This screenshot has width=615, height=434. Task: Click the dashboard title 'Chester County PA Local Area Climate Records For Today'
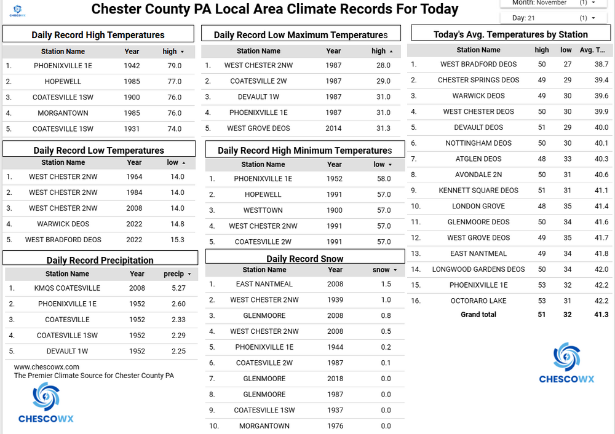coord(274,9)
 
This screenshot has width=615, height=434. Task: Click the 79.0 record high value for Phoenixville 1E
coord(174,66)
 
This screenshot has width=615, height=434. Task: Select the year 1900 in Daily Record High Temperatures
coord(132,97)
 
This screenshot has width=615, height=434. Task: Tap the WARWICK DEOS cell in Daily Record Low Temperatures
coord(63,224)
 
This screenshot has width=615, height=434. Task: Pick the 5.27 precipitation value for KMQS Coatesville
coord(178,288)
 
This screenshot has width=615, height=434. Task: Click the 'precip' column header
coord(174,274)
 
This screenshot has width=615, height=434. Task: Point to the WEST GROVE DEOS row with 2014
coord(258,128)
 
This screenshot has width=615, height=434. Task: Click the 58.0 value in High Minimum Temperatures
coord(383,179)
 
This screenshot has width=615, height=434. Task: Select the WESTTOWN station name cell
coord(263,210)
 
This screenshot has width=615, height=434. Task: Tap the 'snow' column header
coord(382,270)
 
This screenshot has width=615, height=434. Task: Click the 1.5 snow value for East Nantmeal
coord(386,284)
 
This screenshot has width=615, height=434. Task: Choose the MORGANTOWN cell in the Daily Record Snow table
coord(264,426)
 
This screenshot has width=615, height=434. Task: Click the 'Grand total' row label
coord(478,315)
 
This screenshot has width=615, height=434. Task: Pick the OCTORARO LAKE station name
coord(478,301)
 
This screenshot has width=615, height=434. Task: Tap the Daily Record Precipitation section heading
coord(100,261)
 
